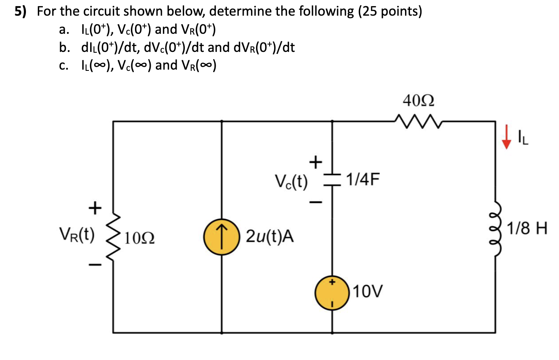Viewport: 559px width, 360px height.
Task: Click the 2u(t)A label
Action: [x=270, y=237]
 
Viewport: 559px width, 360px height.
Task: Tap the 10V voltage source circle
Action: [x=333, y=292]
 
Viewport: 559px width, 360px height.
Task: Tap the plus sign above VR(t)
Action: [x=95, y=208]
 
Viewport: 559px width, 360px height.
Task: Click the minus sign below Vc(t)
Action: [x=314, y=202]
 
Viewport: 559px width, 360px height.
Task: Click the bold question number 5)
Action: [x=21, y=12]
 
